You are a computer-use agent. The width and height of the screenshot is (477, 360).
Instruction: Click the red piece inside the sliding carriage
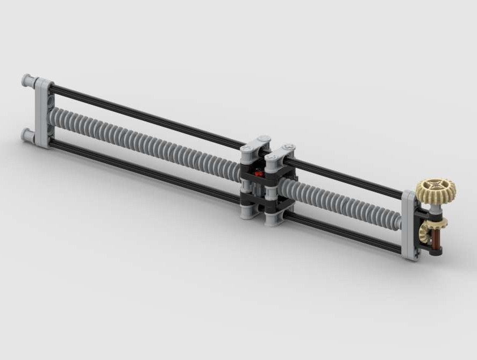point(259,174)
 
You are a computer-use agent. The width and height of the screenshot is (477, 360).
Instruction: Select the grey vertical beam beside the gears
point(409,226)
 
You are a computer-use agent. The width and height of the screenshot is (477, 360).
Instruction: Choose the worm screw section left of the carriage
point(145,141)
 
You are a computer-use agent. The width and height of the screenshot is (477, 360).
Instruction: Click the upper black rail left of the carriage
point(145,114)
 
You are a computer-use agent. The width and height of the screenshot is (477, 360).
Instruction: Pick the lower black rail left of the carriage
point(145,171)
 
